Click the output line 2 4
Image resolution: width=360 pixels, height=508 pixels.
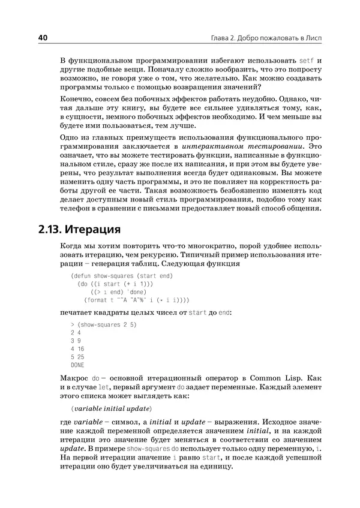coord(76,332)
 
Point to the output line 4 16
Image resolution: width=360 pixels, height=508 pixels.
coord(77,348)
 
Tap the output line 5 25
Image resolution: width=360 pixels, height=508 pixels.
coord(77,357)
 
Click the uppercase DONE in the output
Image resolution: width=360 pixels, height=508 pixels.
coord(77,365)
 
